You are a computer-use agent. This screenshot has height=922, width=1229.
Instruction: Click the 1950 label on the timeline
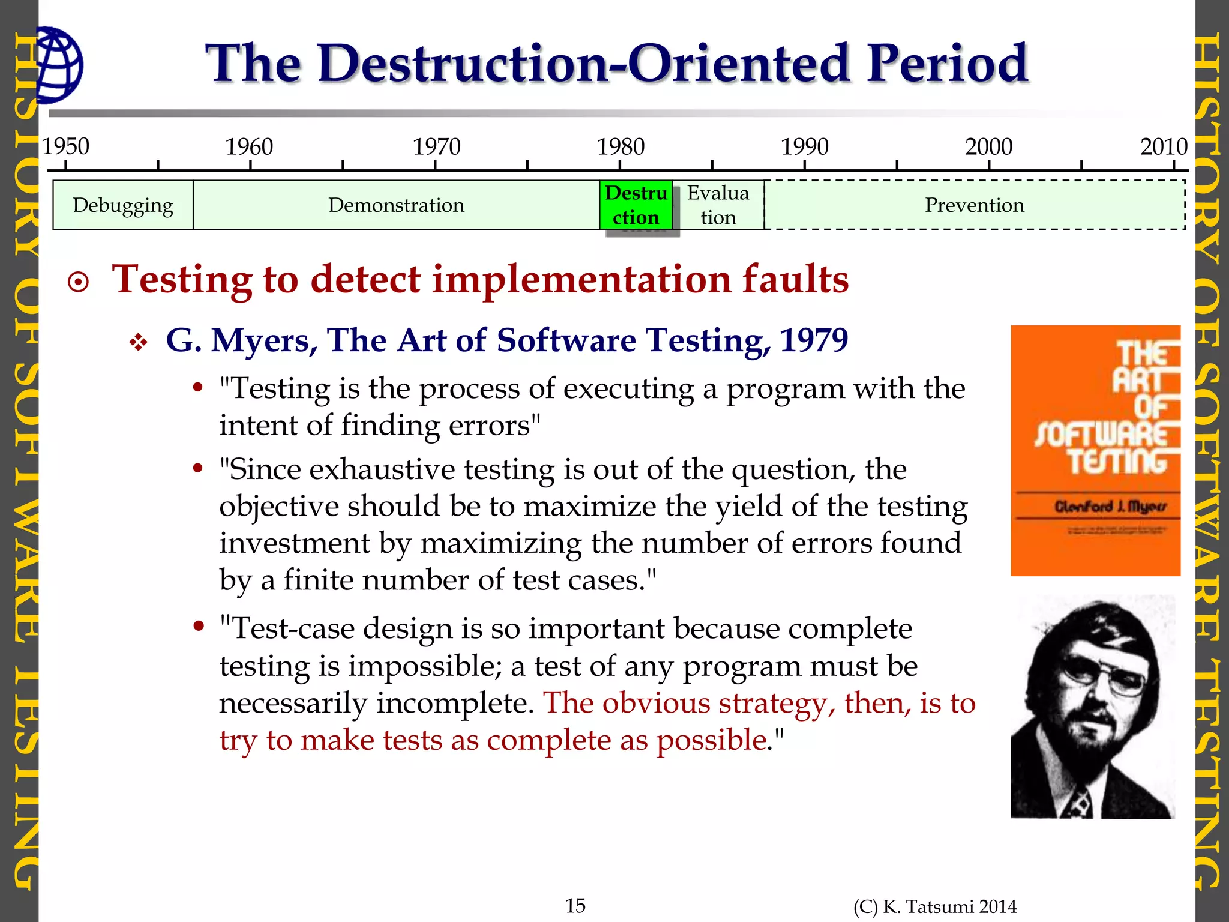[65, 146]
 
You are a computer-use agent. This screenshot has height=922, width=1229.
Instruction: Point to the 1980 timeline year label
[621, 146]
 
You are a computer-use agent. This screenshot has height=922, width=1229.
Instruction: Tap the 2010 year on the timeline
[1164, 146]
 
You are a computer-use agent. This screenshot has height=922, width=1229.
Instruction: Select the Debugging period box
[123, 205]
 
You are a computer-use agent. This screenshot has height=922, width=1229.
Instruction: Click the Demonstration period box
[396, 205]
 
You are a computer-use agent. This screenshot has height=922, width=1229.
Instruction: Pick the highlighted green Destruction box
[636, 205]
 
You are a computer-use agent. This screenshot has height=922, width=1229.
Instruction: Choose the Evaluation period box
[718, 205]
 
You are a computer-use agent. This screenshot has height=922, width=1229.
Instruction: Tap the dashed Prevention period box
[974, 205]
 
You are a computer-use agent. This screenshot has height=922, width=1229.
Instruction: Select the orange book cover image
[1095, 450]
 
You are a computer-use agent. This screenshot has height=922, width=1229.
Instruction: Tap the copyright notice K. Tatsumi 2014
[935, 907]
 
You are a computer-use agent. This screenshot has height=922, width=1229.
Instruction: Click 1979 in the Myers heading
[814, 340]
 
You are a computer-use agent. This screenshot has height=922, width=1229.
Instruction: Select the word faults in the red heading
[795, 280]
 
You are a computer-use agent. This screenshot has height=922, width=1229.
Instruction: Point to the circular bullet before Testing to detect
[79, 282]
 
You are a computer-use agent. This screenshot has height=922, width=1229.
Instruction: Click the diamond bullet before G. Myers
[139, 343]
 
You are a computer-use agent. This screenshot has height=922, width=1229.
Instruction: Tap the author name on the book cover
[1110, 507]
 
